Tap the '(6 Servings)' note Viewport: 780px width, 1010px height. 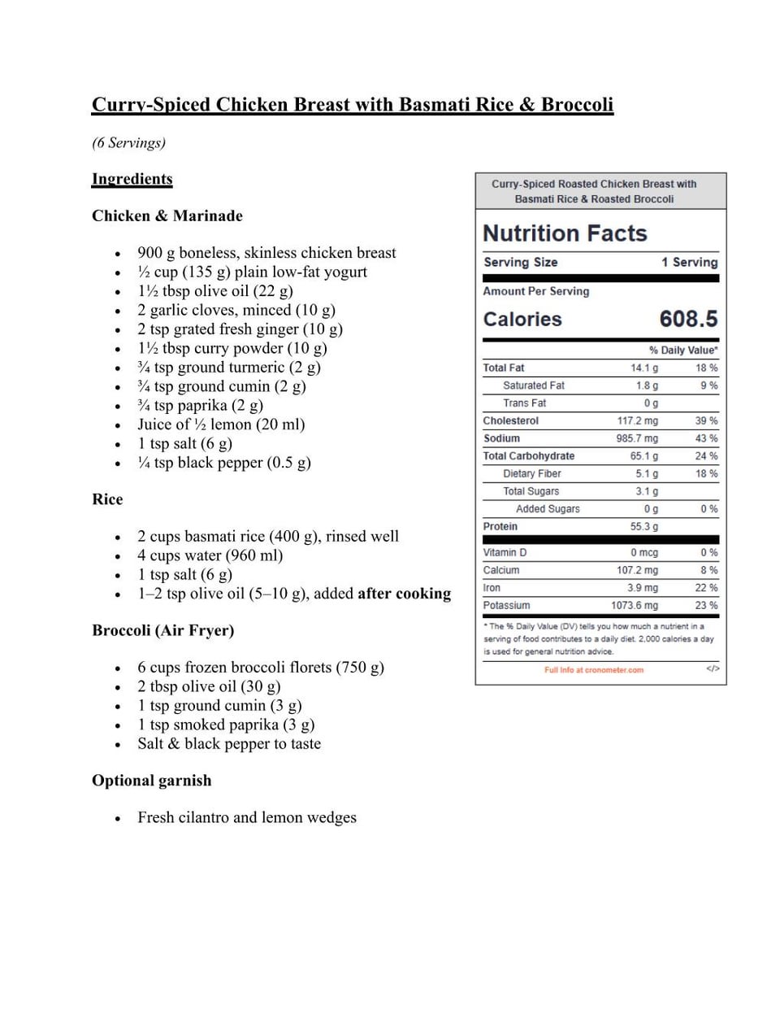(128, 143)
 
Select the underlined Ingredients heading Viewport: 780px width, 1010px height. (132, 179)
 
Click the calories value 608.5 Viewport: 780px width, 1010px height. (688, 319)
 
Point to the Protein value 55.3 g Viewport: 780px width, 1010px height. (644, 527)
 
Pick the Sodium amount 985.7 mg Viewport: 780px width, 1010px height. (637, 438)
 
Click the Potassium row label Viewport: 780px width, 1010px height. (506, 606)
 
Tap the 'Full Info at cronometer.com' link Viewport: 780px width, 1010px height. (593, 670)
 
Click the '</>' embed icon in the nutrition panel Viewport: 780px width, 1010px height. (713, 669)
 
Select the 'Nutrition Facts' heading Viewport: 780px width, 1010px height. (565, 233)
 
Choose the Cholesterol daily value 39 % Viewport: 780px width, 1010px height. (706, 421)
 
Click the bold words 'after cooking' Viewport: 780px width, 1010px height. (404, 594)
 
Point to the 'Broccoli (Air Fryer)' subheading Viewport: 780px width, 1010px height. (162, 630)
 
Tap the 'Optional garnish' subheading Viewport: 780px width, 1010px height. (151, 781)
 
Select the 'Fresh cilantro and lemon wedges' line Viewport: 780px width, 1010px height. (247, 817)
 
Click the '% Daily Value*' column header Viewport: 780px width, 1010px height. (682, 350)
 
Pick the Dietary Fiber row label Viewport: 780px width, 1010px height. (531, 474)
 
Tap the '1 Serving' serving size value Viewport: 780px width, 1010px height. (689, 263)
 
